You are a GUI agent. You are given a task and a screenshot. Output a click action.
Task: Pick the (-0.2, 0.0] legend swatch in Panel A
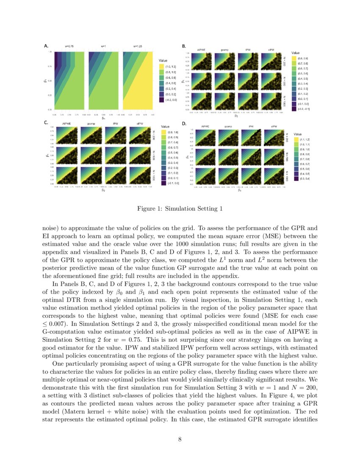pyautogui.click(x=161, y=100)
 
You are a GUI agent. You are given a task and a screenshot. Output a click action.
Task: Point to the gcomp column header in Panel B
pyautogui.click(x=225, y=50)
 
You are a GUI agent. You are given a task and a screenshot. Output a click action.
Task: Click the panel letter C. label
pyautogui.click(x=46, y=123)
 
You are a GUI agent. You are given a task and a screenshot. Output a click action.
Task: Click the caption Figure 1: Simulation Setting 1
pyautogui.click(x=180, y=209)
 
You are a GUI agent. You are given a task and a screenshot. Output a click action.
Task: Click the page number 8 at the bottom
pyautogui.click(x=180, y=439)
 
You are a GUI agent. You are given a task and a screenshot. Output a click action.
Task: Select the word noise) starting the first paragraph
pyautogui.click(x=51, y=227)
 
